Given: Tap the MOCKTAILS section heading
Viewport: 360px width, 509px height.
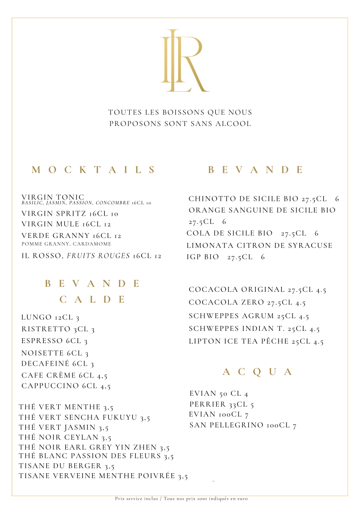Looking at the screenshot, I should (x=94, y=170).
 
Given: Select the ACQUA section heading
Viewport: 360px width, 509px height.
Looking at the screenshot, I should (x=258, y=372).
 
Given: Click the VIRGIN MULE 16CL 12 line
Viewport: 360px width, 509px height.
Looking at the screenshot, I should (x=66, y=224).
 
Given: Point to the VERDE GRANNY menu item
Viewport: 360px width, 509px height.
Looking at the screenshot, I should (x=71, y=236).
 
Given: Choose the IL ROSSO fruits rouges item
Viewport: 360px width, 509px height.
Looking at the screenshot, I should (x=91, y=256).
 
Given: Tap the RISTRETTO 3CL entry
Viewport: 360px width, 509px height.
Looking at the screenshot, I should (x=58, y=329).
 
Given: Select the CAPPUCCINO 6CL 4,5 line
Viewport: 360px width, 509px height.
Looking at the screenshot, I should (x=66, y=386).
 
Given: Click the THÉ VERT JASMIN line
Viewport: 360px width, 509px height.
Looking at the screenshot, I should (x=63, y=427).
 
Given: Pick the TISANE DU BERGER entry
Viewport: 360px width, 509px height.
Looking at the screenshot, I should (x=66, y=466).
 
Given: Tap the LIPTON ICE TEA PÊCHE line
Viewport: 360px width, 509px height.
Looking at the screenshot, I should (x=256, y=341).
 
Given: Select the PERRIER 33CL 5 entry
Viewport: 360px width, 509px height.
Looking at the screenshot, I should (x=222, y=404).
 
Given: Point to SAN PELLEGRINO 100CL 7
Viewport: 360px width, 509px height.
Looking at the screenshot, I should (x=243, y=425).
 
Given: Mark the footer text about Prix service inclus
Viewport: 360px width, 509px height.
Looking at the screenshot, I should (x=181, y=499).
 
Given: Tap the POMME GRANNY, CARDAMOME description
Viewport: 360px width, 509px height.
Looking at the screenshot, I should (x=66, y=244).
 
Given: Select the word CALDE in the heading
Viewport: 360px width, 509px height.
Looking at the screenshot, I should (x=93, y=299).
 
